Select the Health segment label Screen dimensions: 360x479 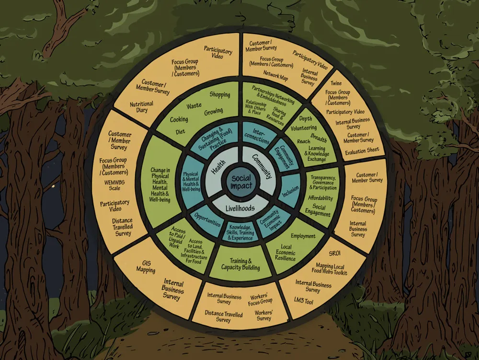[x=218, y=166]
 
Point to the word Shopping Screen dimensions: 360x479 [x=220, y=95]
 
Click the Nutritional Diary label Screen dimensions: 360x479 [x=142, y=106]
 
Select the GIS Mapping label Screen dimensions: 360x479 [x=146, y=267]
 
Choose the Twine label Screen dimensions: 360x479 [x=336, y=83]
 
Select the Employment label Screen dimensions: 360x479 [x=303, y=236]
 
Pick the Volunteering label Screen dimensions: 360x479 [x=304, y=128]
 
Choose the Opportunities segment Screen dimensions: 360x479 [x=207, y=223]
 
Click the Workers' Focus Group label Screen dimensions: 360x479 [x=260, y=299]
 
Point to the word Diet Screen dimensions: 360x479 [x=181, y=131]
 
